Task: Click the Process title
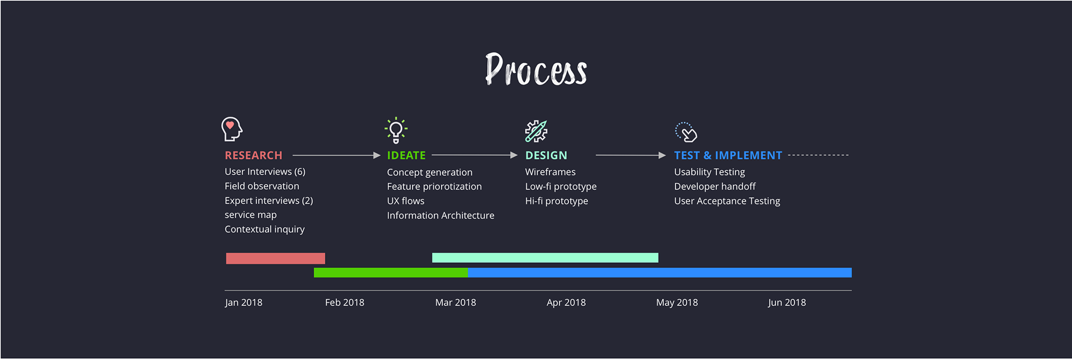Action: point(536,69)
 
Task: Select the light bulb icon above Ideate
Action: point(396,130)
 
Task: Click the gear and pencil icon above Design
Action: point(536,131)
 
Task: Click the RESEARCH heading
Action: point(253,155)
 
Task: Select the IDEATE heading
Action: point(406,155)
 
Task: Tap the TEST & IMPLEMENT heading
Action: point(728,155)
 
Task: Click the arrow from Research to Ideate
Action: point(337,155)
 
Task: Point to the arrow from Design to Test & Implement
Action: point(631,155)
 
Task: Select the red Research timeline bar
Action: point(275,258)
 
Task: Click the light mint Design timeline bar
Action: point(545,258)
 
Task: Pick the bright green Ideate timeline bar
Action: point(391,272)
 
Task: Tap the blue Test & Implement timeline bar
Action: point(659,272)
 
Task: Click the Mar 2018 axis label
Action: point(456,303)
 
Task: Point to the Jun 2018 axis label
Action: point(787,303)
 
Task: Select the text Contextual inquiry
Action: point(265,229)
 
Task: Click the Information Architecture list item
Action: point(441,215)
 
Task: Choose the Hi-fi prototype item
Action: point(557,201)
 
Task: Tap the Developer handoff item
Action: point(715,186)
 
